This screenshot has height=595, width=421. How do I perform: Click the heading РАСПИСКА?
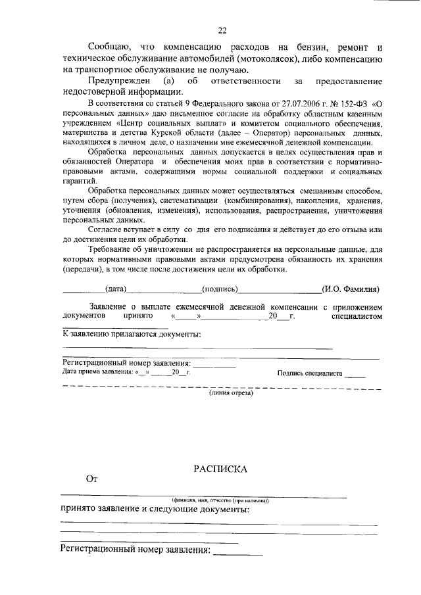point(220,469)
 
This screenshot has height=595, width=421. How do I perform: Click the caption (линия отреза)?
point(231,393)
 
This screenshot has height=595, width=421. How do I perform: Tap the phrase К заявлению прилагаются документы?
point(132,335)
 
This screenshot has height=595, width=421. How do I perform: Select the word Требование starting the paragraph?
point(112,250)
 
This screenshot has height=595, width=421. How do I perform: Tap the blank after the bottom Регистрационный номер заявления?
point(237,550)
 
